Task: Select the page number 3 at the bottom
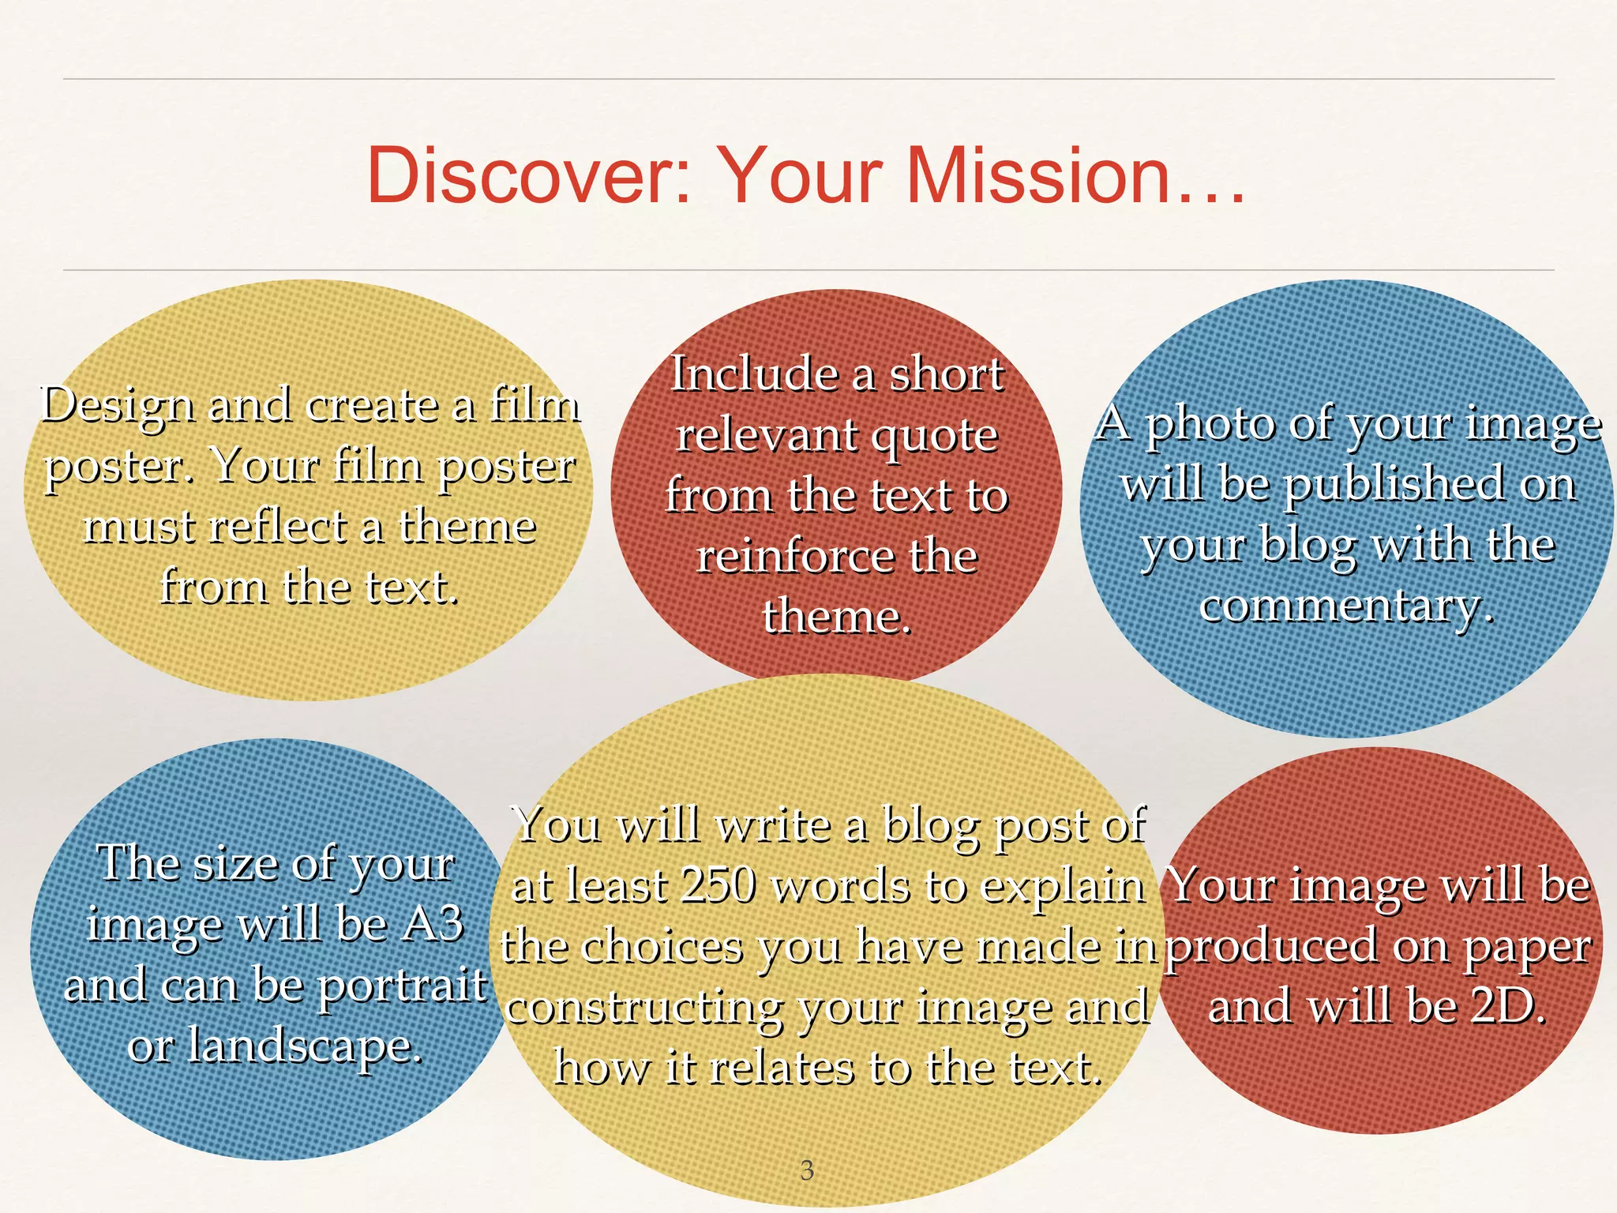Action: coord(806,1170)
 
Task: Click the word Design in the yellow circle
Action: coord(117,407)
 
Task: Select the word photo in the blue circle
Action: coord(1210,425)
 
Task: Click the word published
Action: coord(1394,485)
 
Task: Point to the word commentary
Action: coord(1345,606)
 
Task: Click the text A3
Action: coord(431,923)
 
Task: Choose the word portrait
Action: coord(402,986)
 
